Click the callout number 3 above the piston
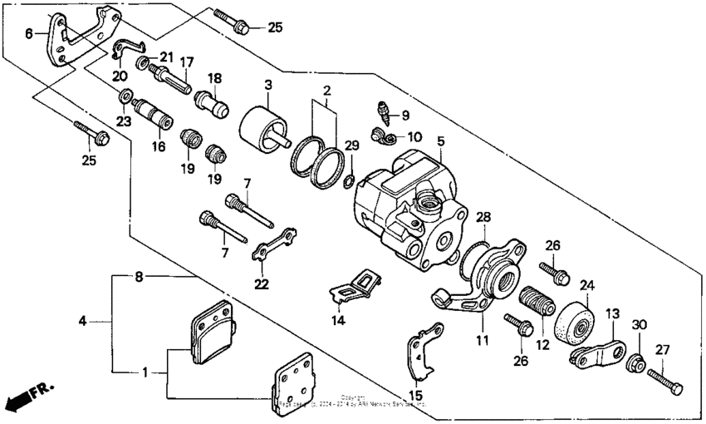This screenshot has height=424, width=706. (268, 85)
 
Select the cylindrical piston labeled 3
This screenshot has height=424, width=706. (260, 130)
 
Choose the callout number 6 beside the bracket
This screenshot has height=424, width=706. (28, 34)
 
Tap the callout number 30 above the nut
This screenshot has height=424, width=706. (639, 325)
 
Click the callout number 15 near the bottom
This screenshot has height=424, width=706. (415, 394)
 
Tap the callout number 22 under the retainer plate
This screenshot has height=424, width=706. (262, 284)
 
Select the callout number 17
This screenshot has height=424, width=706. (187, 62)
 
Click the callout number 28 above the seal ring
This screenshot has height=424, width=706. (483, 217)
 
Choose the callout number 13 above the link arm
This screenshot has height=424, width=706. (612, 313)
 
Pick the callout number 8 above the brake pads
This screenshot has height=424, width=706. (140, 274)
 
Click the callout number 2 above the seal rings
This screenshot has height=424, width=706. (327, 90)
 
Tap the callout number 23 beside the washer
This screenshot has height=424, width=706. (123, 121)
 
